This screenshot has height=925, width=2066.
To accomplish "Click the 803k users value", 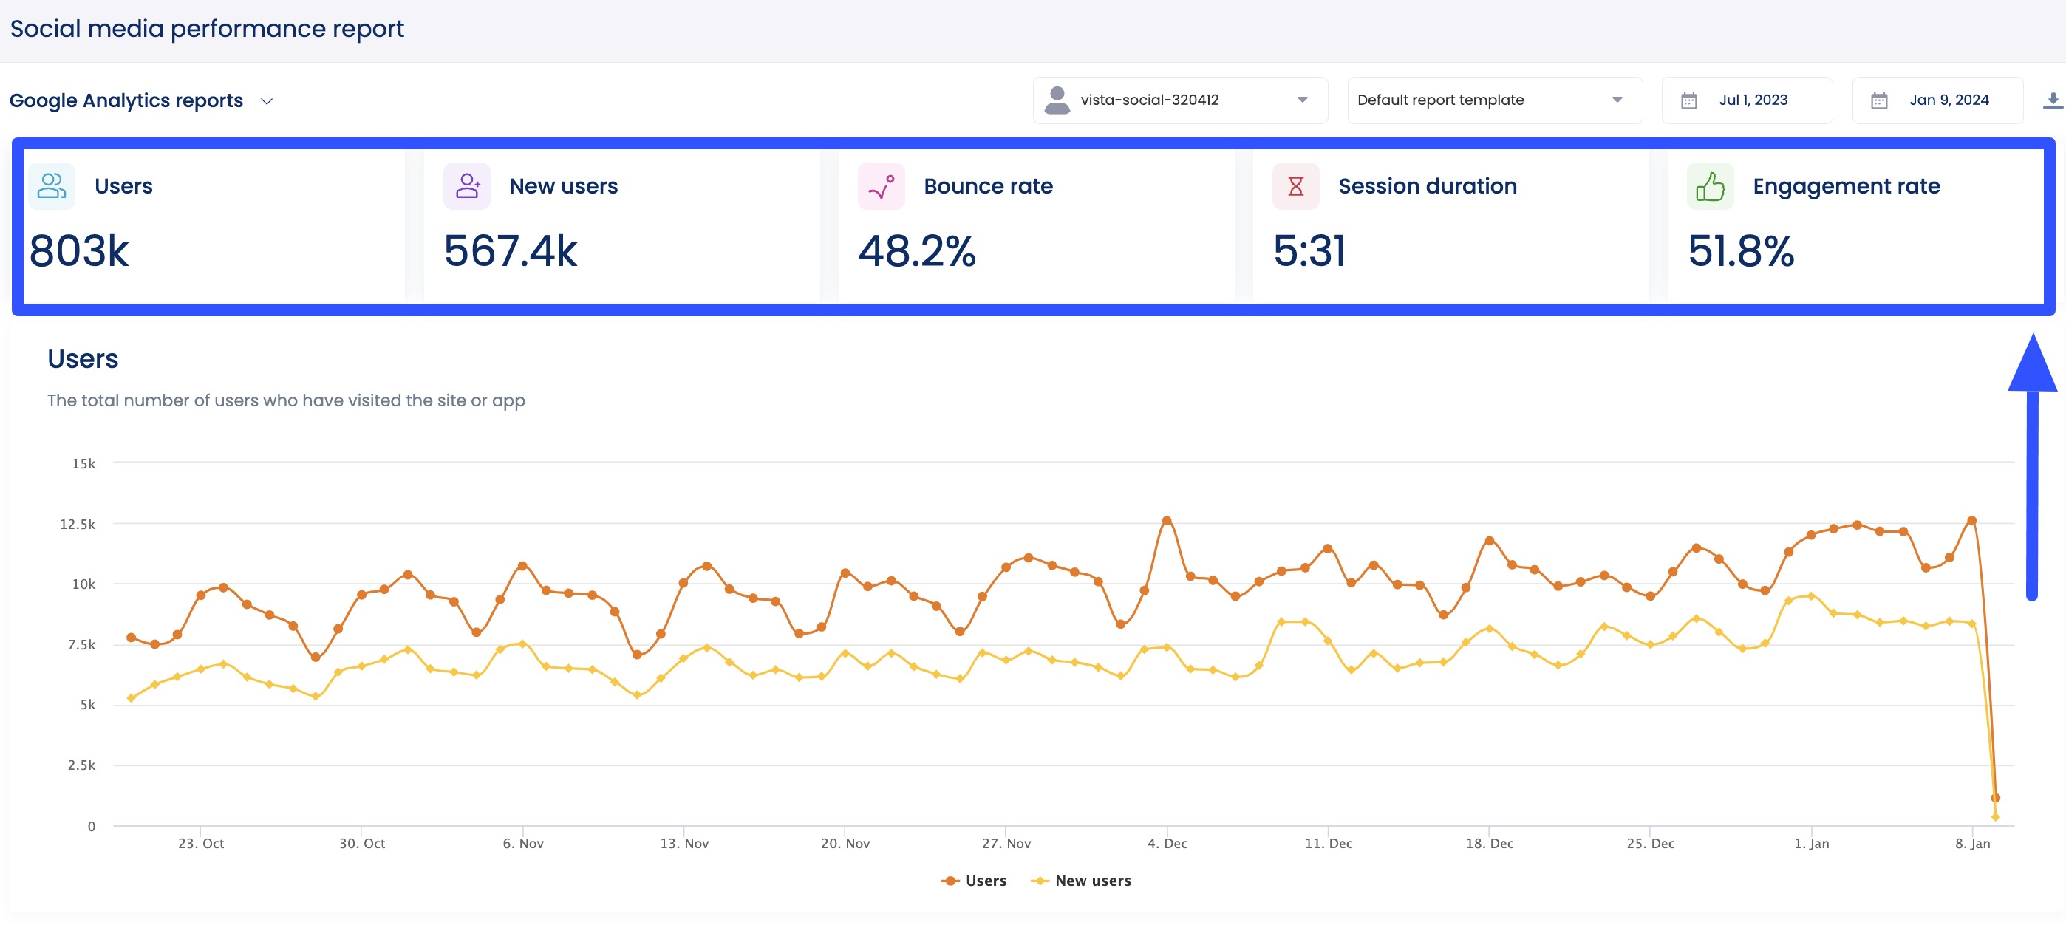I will (x=78, y=251).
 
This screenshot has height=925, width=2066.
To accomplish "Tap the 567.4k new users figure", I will (x=510, y=251).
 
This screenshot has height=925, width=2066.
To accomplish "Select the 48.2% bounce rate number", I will (x=917, y=251).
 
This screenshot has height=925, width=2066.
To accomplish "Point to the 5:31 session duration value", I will (x=1309, y=251).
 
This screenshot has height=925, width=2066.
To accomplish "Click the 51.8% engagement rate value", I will (x=1740, y=251).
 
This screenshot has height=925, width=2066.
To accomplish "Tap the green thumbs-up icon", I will (x=1709, y=187).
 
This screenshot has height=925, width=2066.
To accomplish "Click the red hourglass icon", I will (x=1295, y=187).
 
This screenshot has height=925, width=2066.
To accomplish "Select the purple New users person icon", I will (x=467, y=187).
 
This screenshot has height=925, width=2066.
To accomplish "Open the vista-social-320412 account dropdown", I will (x=1179, y=100).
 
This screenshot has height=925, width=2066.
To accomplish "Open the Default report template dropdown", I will (x=1493, y=100).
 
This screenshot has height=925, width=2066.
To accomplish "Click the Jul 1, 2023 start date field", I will (x=1747, y=100).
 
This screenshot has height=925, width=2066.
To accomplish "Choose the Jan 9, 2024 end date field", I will (x=1937, y=100).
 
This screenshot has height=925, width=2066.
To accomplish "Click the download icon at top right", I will (x=2053, y=100).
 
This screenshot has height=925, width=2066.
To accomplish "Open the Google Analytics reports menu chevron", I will (x=267, y=102).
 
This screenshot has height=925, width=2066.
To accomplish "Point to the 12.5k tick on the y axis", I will (x=78, y=525).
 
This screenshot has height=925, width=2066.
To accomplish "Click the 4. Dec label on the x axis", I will (x=1167, y=844).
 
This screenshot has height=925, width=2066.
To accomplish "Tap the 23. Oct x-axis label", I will (x=200, y=844).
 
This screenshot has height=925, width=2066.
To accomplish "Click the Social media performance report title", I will (x=207, y=29).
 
